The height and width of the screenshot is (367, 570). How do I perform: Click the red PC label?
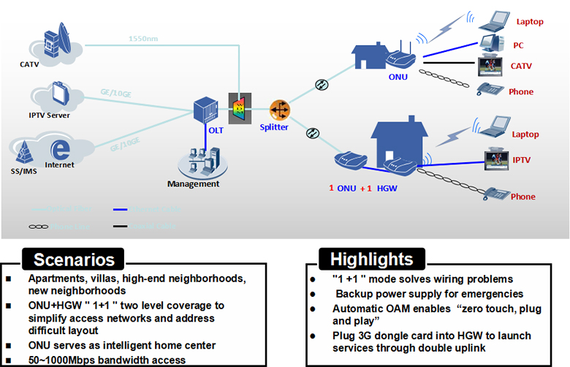coord(517,45)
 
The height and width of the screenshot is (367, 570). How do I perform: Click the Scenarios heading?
coord(73,260)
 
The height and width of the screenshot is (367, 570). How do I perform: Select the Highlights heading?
coord(371,259)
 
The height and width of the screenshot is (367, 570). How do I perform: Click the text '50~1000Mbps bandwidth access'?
coord(107,359)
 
